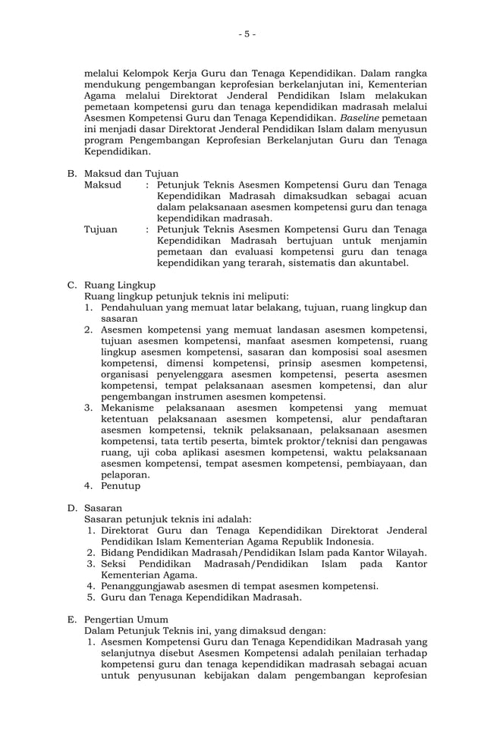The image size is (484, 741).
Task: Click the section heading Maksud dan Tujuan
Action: (125, 173)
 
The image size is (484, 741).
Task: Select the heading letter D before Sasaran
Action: (71, 508)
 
